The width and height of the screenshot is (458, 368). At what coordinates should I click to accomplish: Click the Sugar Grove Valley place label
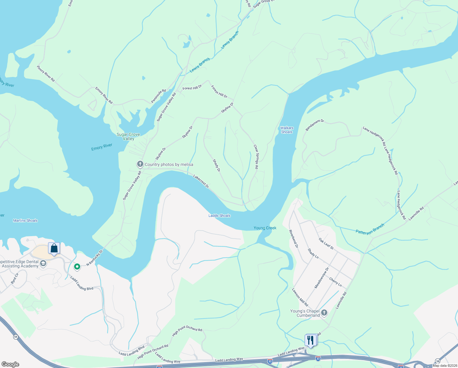[x=128, y=136]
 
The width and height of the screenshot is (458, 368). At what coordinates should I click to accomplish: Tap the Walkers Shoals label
[x=287, y=130]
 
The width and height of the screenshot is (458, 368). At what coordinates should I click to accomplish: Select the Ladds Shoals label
[x=220, y=216]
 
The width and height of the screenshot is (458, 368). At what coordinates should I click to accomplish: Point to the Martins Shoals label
[x=25, y=220]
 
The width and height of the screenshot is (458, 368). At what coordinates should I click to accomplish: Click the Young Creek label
[x=265, y=228]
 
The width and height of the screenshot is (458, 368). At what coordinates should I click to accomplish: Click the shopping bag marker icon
[x=54, y=248]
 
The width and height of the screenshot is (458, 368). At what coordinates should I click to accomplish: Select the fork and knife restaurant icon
[x=310, y=340]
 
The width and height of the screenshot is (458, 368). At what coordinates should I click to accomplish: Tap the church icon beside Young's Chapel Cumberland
[x=324, y=313]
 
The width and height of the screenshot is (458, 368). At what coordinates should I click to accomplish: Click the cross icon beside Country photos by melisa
[x=140, y=164]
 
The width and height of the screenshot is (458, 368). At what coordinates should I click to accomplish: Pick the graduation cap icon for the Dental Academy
[x=43, y=264]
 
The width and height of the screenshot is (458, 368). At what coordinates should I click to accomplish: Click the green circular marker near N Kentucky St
[x=77, y=267]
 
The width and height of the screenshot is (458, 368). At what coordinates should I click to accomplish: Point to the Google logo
[x=10, y=364]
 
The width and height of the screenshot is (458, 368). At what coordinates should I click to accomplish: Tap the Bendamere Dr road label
[x=315, y=125]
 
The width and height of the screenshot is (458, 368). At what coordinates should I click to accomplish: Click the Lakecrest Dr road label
[x=201, y=181]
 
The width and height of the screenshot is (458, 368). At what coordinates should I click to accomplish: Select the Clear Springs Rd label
[x=256, y=157]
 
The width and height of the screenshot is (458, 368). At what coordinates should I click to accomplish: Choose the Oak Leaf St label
[x=326, y=244]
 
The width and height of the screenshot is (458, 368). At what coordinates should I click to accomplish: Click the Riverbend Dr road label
[x=293, y=239]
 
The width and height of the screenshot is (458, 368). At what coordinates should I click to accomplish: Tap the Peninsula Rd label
[x=159, y=96]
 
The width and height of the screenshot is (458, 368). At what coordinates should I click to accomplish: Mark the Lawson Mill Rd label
[x=300, y=297]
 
